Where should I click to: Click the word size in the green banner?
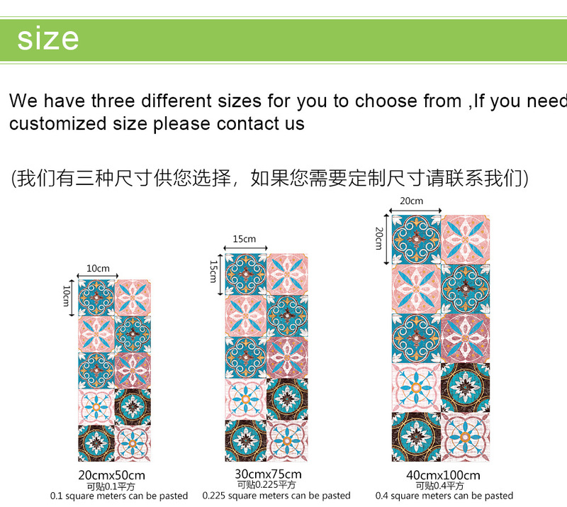tap(47, 38)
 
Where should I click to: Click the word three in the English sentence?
tap(113, 101)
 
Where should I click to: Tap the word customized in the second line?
tap(58, 123)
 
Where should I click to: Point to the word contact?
tap(247, 123)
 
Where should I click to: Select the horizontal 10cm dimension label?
tap(98, 269)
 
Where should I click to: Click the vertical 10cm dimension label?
tap(66, 296)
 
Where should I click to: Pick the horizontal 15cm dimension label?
tap(245, 239)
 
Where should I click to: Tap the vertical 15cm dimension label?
tap(213, 272)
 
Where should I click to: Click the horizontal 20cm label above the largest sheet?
tap(412, 201)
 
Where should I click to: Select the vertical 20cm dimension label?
tap(378, 238)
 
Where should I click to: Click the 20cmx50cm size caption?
tap(111, 475)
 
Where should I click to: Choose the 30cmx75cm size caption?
tap(268, 474)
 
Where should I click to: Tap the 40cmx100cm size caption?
tap(443, 475)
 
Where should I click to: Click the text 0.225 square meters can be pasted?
tap(276, 496)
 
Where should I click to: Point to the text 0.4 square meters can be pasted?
tap(444, 496)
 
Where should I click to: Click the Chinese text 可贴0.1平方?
tap(111, 486)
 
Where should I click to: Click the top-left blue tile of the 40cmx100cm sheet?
tap(416, 240)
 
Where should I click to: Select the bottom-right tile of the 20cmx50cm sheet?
tap(133, 443)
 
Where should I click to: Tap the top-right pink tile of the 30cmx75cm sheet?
tap(287, 274)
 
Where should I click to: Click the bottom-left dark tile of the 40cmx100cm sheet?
tap(416, 437)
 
